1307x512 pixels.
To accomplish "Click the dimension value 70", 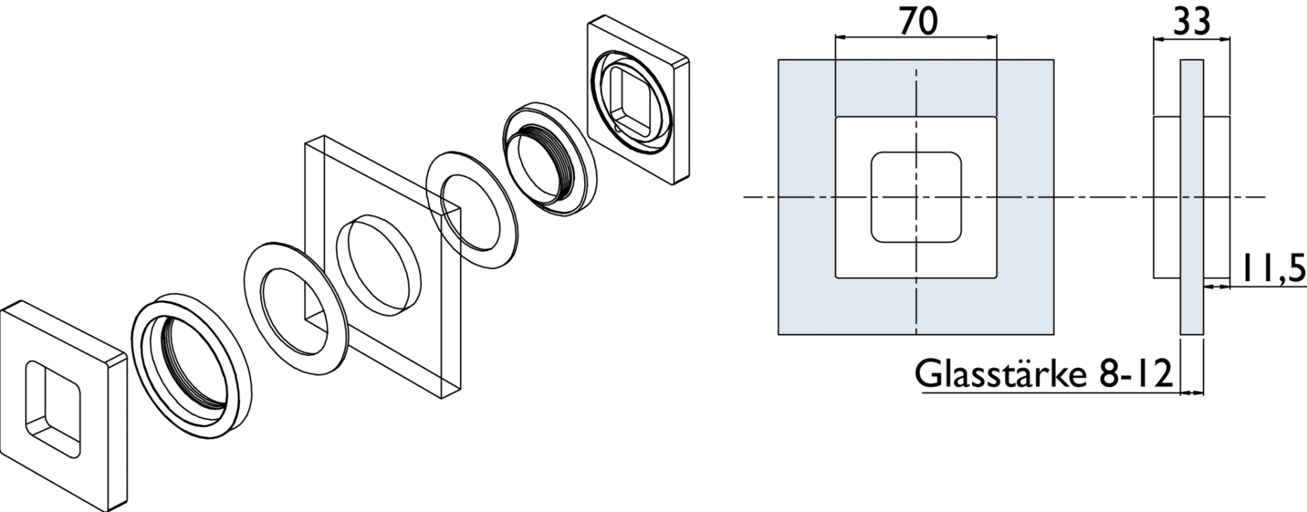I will [918, 22].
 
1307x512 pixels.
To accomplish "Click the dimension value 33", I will [1191, 22].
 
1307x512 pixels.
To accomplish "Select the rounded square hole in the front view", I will [916, 197].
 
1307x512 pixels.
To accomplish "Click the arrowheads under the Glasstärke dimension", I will [1192, 393].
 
